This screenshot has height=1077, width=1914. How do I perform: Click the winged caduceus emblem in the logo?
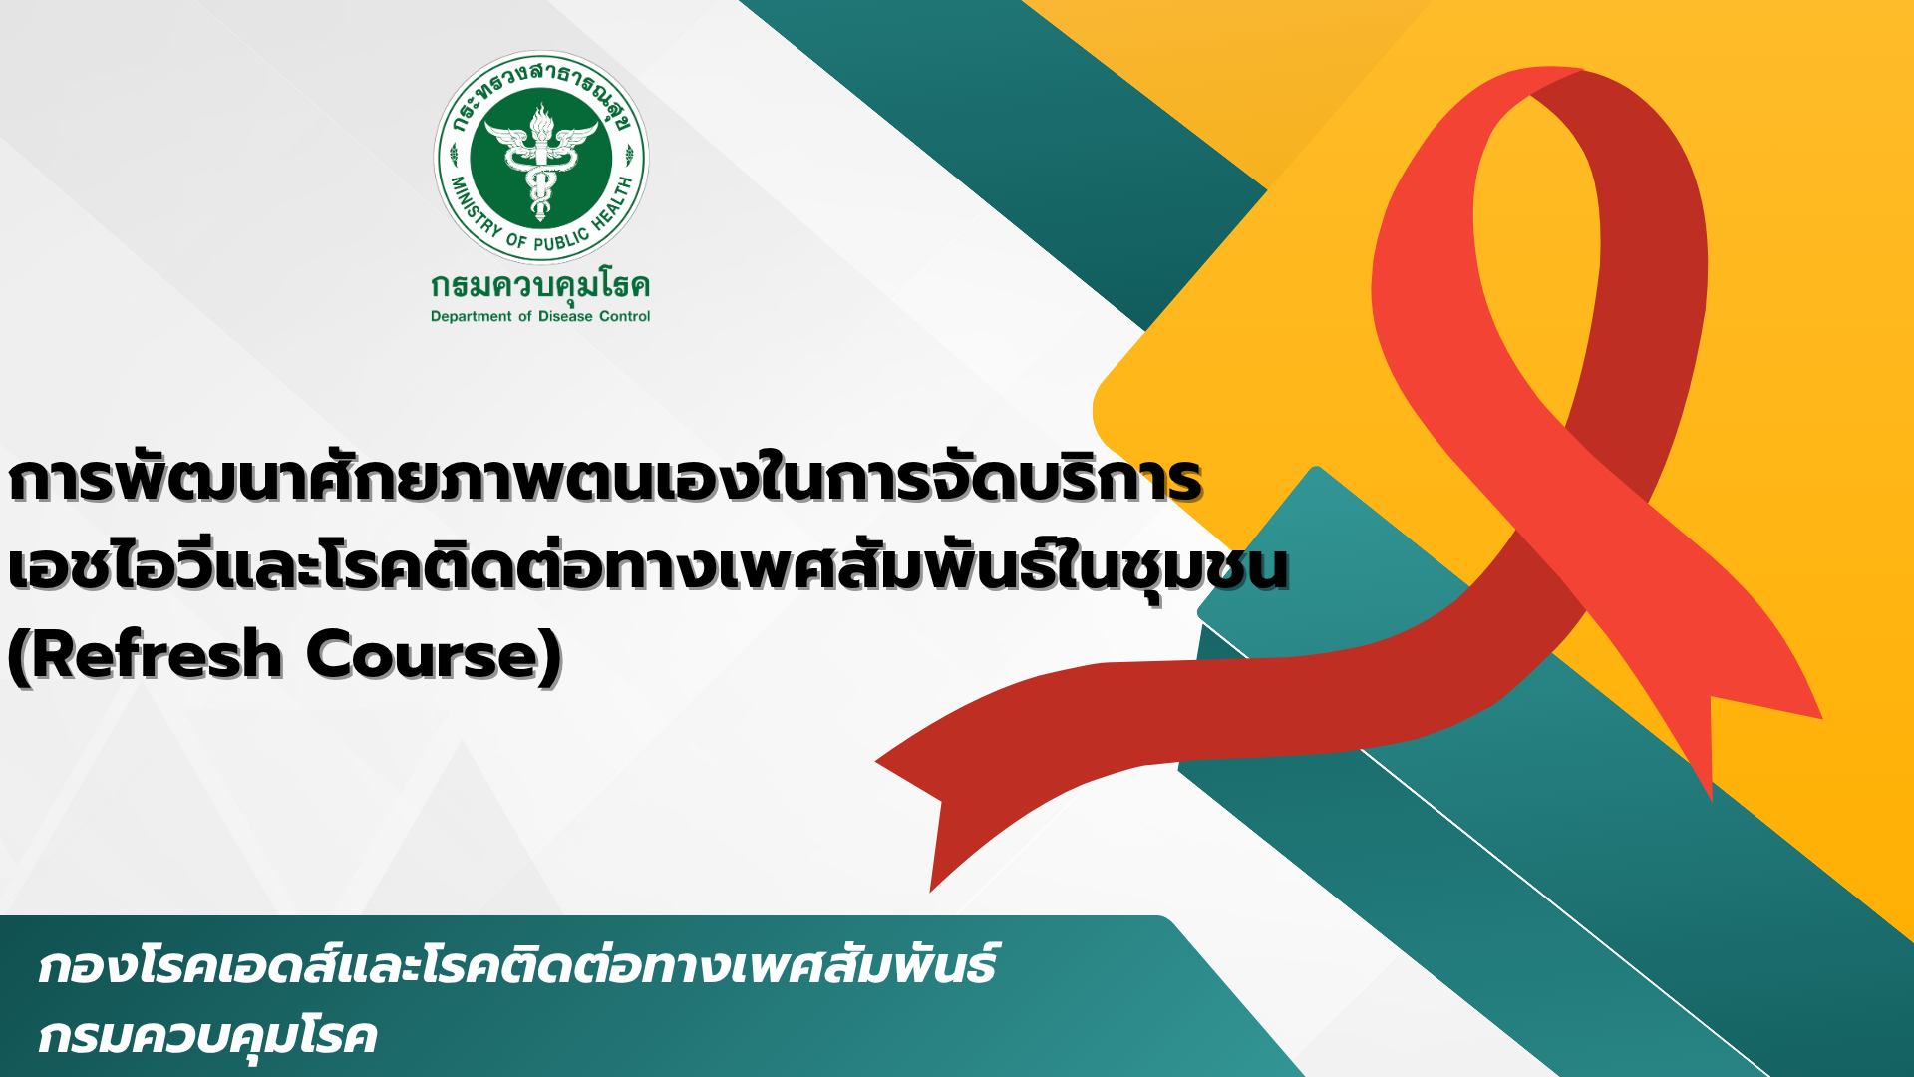click(540, 160)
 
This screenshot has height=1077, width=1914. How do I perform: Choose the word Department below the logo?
click(471, 317)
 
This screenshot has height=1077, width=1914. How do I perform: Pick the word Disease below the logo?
click(565, 316)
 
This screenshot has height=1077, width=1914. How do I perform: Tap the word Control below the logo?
click(624, 316)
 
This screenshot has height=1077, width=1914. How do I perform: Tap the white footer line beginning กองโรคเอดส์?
click(516, 965)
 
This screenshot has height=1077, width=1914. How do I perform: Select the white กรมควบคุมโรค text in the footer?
click(207, 1037)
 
